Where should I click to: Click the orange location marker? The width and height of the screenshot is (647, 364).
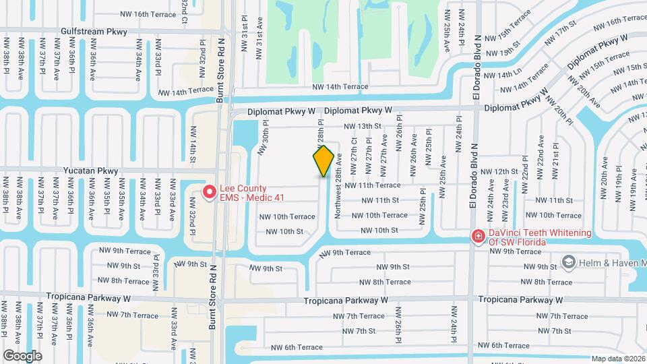coord(323,161)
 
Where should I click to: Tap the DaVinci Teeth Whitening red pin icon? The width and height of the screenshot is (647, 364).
coord(478,237)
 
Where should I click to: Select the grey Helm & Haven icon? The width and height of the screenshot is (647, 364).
coord(567,262)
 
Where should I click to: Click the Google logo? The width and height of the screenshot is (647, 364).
coord(22,355)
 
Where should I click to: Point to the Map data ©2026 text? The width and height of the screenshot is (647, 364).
coord(618,359)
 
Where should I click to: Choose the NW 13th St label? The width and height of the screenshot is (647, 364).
coord(363,126)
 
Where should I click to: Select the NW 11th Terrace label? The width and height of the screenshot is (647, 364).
coord(373,185)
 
